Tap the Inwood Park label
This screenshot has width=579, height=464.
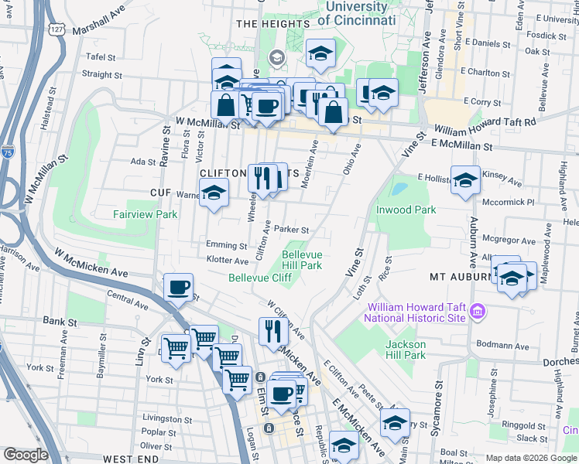click(406, 210)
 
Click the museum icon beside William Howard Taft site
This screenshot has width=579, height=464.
click(478, 312)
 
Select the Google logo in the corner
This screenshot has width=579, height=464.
click(26, 455)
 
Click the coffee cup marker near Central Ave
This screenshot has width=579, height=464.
click(178, 288)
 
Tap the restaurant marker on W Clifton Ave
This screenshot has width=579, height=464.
click(273, 331)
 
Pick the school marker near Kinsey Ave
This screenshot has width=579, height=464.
click(464, 181)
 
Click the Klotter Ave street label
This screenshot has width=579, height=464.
click(227, 261)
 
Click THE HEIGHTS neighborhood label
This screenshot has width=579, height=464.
click(272, 24)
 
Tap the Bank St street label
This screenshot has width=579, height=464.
click(58, 320)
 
